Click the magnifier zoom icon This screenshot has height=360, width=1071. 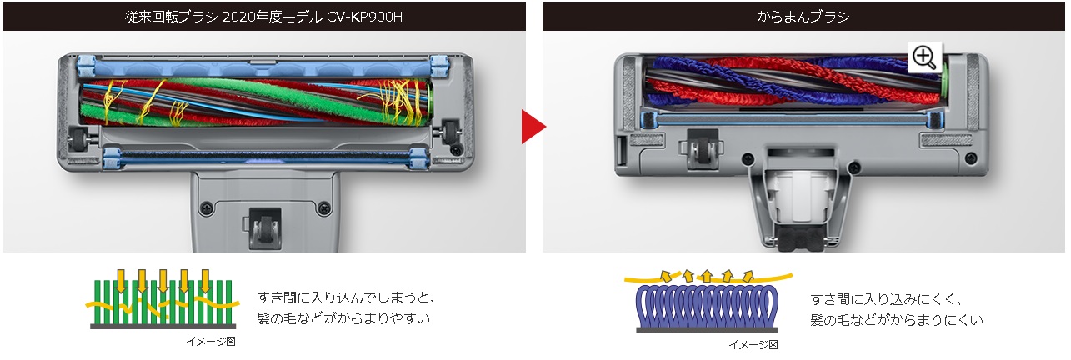(924, 57)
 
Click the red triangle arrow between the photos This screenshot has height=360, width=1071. (533, 127)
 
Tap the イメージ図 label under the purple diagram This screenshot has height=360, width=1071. (753, 343)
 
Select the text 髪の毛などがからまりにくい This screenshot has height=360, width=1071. (897, 319)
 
